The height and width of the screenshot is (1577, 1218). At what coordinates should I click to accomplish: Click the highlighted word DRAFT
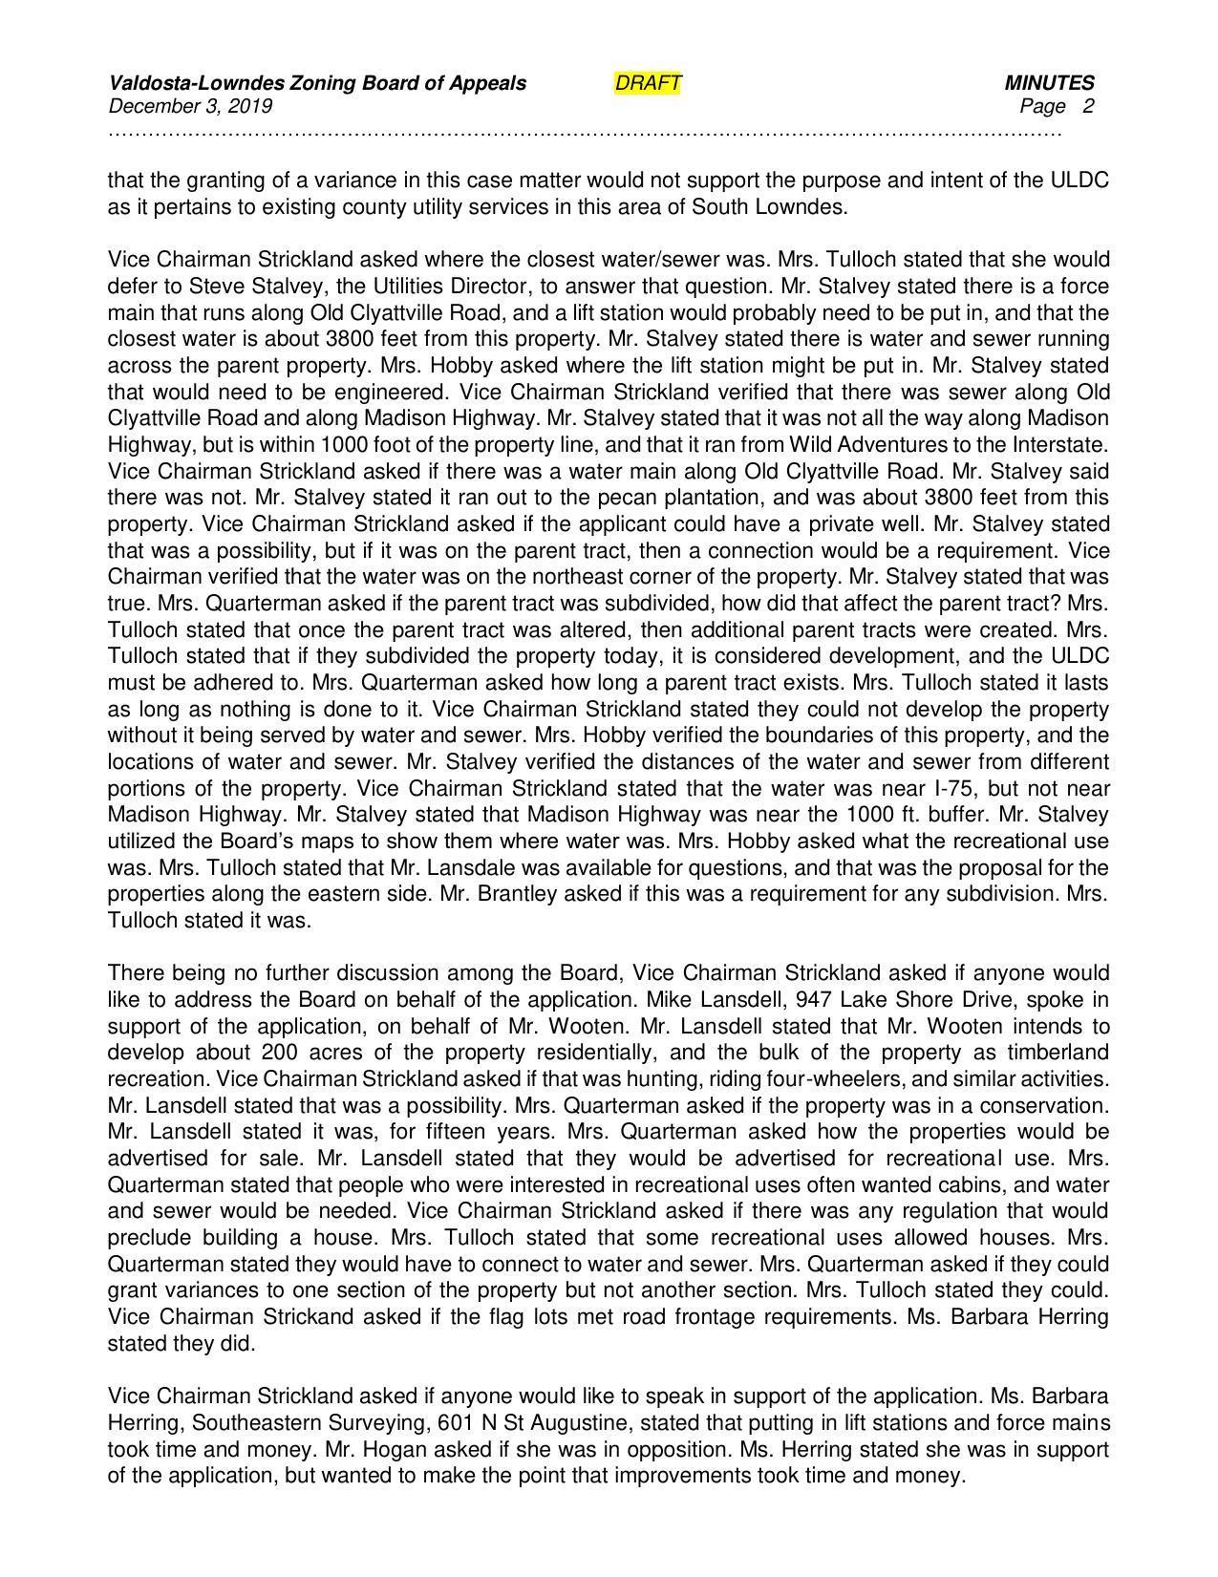tap(648, 83)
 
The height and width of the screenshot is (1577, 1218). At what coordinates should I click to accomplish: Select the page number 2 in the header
tap(1088, 106)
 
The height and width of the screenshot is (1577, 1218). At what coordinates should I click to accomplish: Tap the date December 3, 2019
tap(190, 106)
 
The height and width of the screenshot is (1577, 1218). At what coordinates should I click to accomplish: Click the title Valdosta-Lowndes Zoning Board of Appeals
tap(317, 83)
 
